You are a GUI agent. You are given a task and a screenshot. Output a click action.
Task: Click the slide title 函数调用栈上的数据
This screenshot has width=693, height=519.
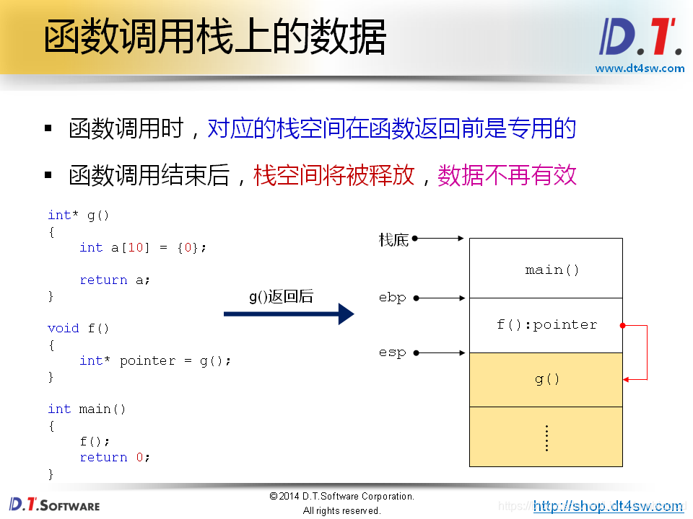(214, 37)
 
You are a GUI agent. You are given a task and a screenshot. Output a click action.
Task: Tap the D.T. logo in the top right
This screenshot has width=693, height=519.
(639, 37)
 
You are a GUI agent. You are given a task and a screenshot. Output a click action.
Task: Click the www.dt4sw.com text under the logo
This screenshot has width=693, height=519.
(639, 68)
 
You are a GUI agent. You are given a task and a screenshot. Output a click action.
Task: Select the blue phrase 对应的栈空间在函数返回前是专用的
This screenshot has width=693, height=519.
(391, 128)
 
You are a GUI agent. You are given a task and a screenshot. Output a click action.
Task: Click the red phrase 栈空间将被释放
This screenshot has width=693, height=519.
(334, 175)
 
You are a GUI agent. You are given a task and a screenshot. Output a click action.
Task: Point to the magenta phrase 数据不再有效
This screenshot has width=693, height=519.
(507, 175)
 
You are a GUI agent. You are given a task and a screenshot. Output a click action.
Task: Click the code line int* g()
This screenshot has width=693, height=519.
(78, 215)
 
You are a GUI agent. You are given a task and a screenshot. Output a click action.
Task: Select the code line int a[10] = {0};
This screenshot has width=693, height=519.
(143, 247)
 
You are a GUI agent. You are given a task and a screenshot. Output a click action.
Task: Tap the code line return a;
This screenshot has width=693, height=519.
(115, 280)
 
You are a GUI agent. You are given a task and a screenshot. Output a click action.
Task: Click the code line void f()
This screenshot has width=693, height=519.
(78, 328)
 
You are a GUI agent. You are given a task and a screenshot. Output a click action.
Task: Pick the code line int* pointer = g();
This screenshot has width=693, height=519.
(155, 360)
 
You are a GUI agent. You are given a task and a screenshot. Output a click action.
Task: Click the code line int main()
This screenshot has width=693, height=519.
(87, 409)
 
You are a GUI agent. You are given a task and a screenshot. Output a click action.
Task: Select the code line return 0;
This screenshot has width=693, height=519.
(115, 457)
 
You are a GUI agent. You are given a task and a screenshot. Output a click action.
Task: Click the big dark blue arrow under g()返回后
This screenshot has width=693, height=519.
(288, 314)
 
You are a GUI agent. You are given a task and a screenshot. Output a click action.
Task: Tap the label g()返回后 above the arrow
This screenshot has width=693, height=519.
(281, 297)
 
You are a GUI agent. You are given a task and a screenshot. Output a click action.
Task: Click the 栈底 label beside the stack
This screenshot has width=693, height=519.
(393, 239)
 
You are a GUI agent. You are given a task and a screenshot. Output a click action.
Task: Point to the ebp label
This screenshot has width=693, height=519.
(392, 298)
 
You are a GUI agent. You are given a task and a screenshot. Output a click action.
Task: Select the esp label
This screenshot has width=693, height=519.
(392, 352)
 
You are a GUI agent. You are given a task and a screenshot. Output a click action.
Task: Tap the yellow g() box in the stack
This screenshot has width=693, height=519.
(546, 379)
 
